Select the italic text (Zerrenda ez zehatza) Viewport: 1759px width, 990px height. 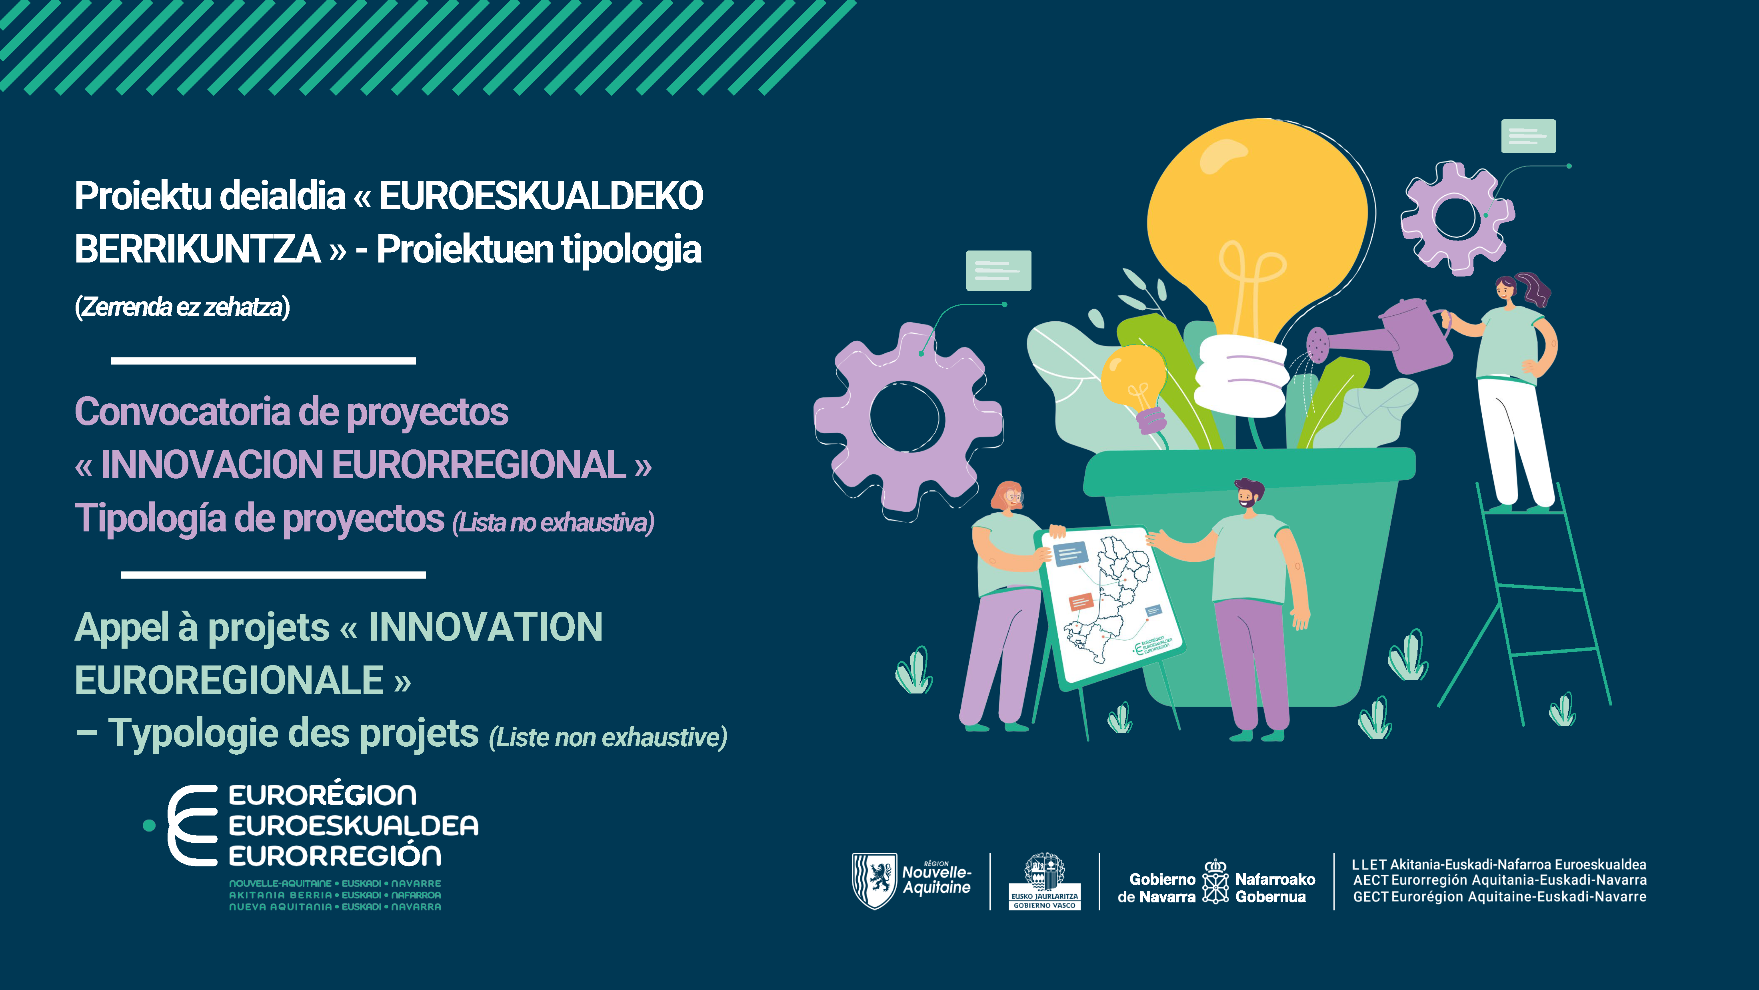pos(182,307)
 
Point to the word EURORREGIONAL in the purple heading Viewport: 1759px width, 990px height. pos(480,465)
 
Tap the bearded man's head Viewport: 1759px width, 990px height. pos(1248,493)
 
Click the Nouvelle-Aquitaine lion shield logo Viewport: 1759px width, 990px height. pos(874,880)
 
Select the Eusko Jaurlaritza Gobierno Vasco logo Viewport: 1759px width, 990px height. pos(1044,882)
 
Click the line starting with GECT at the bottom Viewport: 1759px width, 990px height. pos(1499,896)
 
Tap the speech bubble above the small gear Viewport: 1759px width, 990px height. pos(1528,136)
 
